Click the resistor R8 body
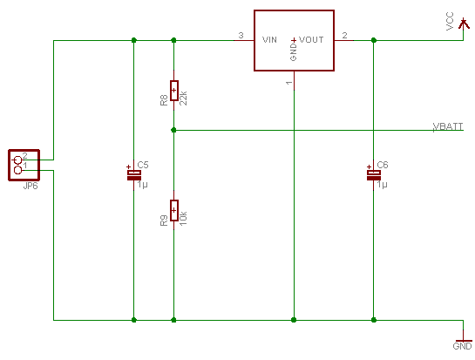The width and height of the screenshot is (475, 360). point(174,91)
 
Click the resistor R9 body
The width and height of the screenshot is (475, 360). point(174,210)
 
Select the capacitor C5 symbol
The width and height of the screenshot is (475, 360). point(134,175)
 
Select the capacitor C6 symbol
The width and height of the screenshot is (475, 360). point(374,175)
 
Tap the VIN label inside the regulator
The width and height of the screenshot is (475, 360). point(269,40)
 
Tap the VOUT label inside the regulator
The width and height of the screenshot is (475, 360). point(311,40)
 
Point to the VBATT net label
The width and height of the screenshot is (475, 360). point(448,126)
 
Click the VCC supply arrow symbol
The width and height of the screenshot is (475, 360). point(463,24)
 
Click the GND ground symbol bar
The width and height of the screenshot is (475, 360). point(464,341)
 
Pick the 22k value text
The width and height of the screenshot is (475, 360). point(183,98)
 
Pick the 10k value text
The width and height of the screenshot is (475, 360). point(183,218)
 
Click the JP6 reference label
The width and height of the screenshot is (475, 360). point(31,186)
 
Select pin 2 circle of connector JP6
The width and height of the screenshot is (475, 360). point(18,160)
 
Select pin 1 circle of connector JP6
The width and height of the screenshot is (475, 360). point(18,170)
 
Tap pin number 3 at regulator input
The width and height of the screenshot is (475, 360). point(241,36)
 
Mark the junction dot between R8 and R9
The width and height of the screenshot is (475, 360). point(173,130)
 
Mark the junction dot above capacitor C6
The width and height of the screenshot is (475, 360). point(374,40)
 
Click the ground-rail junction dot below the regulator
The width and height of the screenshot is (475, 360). point(294,320)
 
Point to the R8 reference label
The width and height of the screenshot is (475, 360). point(164,100)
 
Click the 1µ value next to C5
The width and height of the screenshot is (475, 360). point(142,185)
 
